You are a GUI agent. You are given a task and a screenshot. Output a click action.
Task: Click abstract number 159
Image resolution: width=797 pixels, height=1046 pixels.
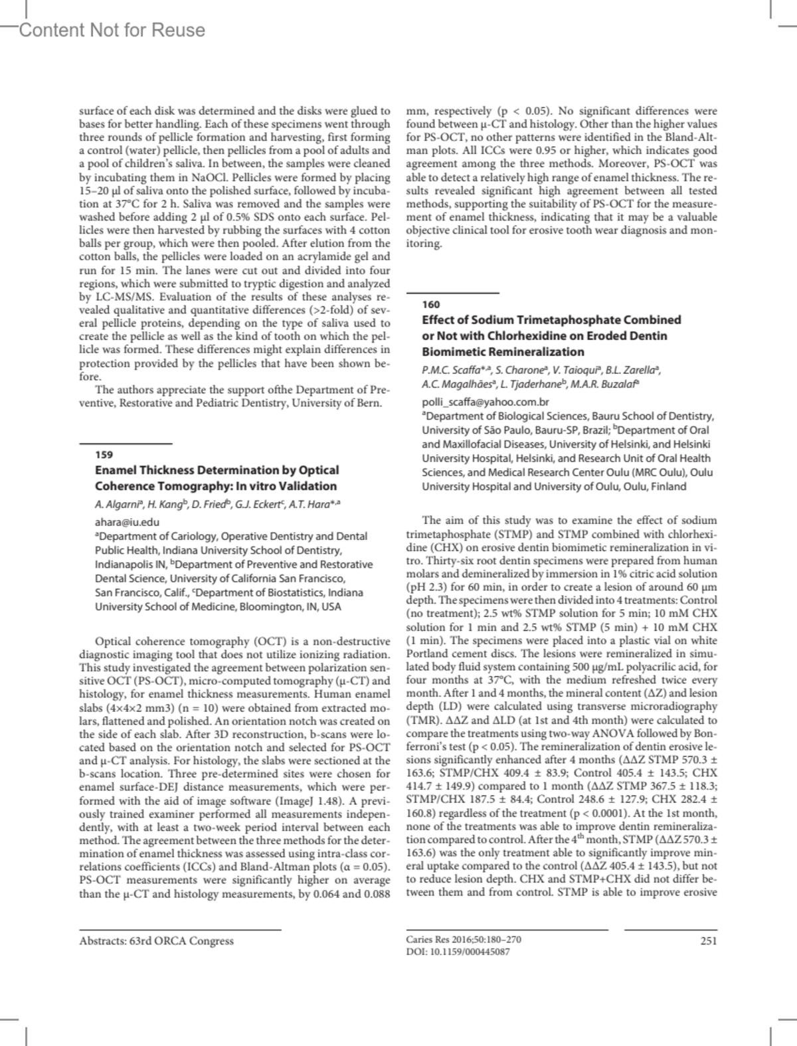coord(104,455)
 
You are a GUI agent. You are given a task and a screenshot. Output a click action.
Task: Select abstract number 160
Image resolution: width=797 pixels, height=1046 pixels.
coord(430,304)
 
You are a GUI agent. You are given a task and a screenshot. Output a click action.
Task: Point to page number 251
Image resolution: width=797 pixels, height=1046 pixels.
coord(709,940)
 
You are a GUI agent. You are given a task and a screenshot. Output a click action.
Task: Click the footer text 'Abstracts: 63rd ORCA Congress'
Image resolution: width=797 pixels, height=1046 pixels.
coord(156,940)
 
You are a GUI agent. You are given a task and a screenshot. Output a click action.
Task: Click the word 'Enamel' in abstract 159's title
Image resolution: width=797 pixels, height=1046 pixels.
coord(116,470)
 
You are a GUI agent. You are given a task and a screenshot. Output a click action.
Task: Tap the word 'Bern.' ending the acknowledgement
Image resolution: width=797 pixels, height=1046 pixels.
coord(369,403)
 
